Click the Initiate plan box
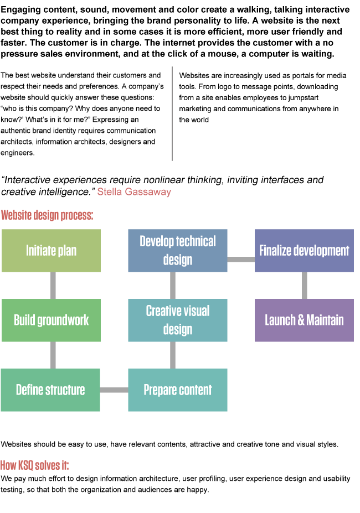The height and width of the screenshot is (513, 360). coord(51,251)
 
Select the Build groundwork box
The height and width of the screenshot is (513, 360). coord(51,320)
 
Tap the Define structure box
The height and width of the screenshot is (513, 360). coord(50,390)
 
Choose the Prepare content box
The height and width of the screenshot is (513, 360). coord(178,390)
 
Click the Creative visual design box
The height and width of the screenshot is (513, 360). coord(178,320)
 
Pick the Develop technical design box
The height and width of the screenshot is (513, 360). coord(178,251)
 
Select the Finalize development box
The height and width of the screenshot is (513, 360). coord(304,251)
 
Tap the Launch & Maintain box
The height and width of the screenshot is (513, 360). coord(304,320)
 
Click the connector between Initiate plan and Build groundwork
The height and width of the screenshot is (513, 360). coord(53,286)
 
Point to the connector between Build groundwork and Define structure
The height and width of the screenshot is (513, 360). coord(53,355)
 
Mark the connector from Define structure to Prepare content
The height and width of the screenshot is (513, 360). coord(114,390)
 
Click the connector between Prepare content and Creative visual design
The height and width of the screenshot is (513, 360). coord(173,355)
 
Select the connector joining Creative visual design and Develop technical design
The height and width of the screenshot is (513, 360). coord(173,286)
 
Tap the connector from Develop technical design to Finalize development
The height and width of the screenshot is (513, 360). coord(241,259)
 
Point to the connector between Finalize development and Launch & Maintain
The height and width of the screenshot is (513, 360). coord(305,286)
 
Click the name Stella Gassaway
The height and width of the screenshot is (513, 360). coord(134,192)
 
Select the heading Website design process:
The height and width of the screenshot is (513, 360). coord(47,215)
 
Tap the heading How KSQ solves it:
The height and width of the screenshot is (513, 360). coord(34,465)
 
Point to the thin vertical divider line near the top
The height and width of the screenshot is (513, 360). coord(172,113)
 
